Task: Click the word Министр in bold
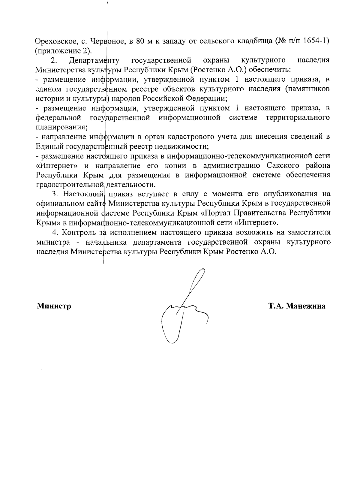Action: pos(54,306)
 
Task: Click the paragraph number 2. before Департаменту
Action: pos(54,60)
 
